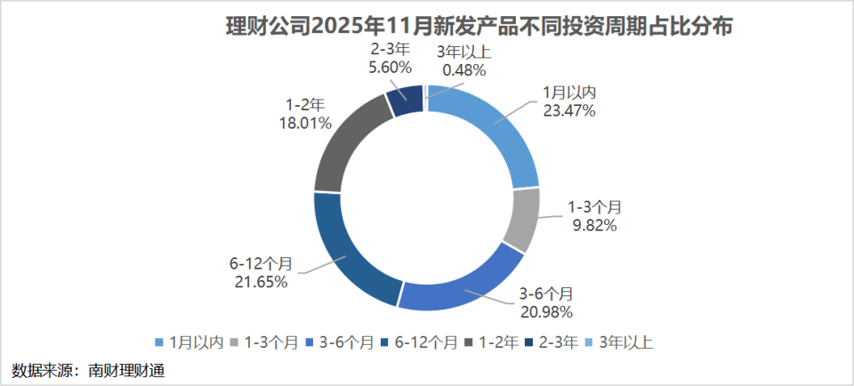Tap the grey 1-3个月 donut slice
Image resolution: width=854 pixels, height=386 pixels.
pos(522,220)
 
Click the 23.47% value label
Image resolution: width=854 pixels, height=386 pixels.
pos(569,110)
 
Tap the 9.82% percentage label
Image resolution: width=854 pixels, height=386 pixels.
pos(593,225)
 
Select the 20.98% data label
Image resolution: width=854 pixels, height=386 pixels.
pos(546,310)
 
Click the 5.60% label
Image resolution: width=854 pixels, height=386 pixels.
pos(389,66)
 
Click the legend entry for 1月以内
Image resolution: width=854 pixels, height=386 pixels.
pos(189,342)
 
